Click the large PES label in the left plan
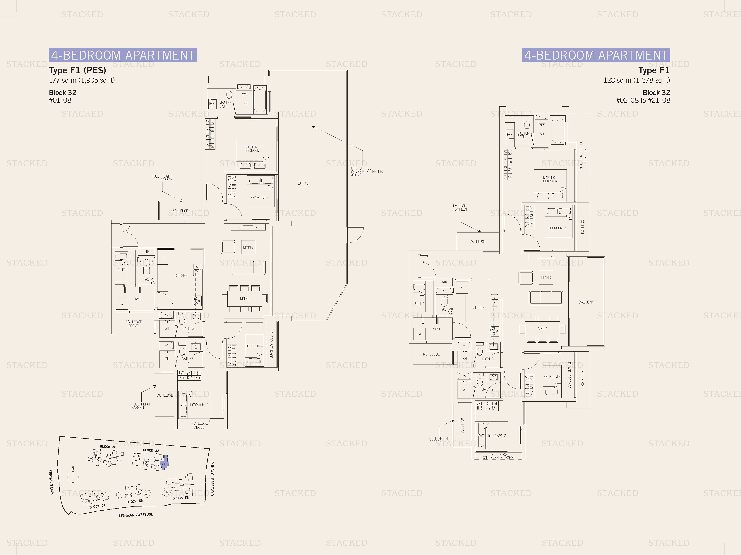pyautogui.click(x=303, y=184)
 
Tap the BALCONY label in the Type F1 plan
pyautogui.click(x=586, y=302)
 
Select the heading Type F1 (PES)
pyautogui.click(x=77, y=70)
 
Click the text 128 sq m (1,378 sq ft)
pyautogui.click(x=637, y=80)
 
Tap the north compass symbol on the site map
pyautogui.click(x=73, y=477)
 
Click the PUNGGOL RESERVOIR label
pyautogui.click(x=212, y=478)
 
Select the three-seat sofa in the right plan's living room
pyautogui.click(x=546, y=298)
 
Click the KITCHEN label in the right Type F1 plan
pyautogui.click(x=478, y=307)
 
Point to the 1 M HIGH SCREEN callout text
pyautogui.click(x=460, y=207)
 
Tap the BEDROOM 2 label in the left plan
pyautogui.click(x=199, y=405)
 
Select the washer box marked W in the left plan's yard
pyautogui.click(x=122, y=304)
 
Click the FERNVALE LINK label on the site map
pyautogui.click(x=51, y=482)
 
